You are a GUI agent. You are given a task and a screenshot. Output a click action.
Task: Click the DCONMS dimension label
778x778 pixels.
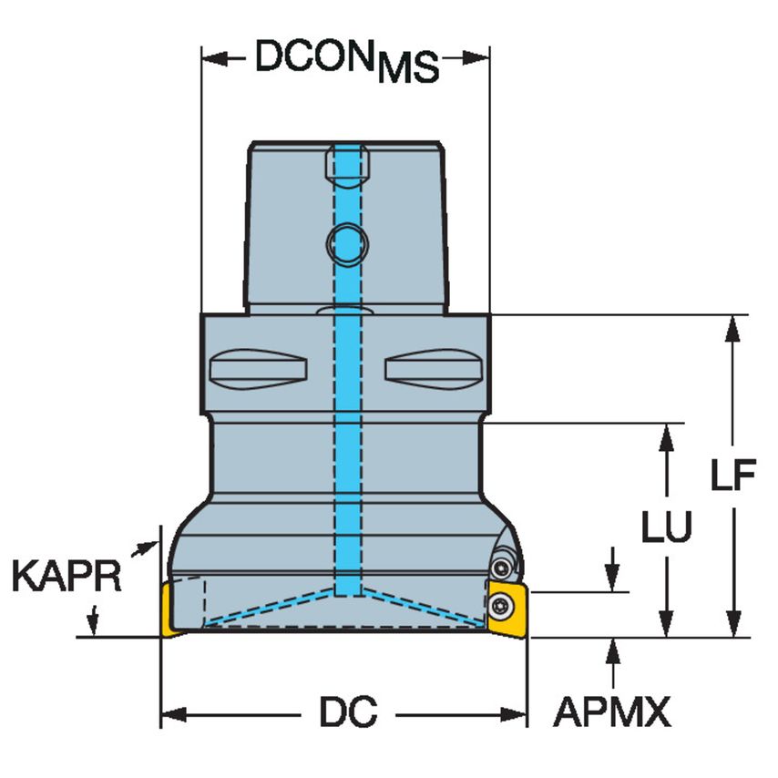[x=346, y=61]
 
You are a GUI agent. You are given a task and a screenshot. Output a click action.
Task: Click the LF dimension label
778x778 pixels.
[x=734, y=476]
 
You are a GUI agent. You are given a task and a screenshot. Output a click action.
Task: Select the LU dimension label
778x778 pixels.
[x=667, y=526]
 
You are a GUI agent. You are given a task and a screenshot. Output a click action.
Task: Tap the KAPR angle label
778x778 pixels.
[x=67, y=577]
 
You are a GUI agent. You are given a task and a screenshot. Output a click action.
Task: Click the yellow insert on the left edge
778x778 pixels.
[x=169, y=611]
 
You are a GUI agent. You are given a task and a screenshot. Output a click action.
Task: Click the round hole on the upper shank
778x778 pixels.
[x=345, y=242]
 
